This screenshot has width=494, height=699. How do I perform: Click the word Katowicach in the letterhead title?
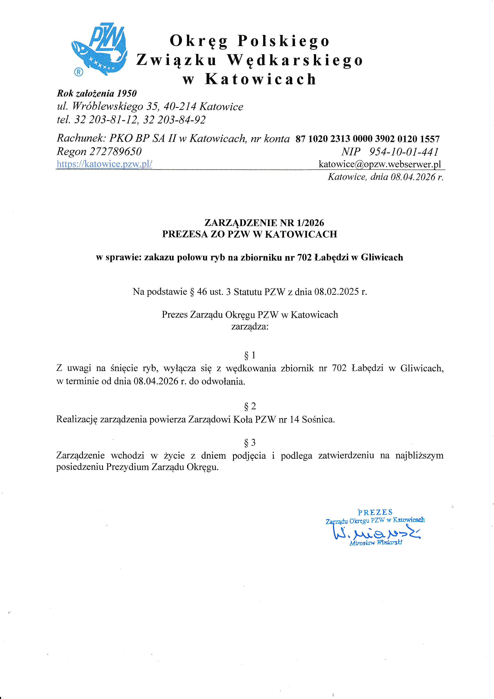tap(261, 79)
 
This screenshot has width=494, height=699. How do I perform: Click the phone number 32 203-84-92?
tap(174, 120)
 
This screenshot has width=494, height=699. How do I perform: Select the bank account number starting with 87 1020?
tap(368, 139)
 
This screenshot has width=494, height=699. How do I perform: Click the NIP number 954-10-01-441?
tap(404, 152)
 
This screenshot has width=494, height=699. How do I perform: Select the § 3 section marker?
tap(250, 442)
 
